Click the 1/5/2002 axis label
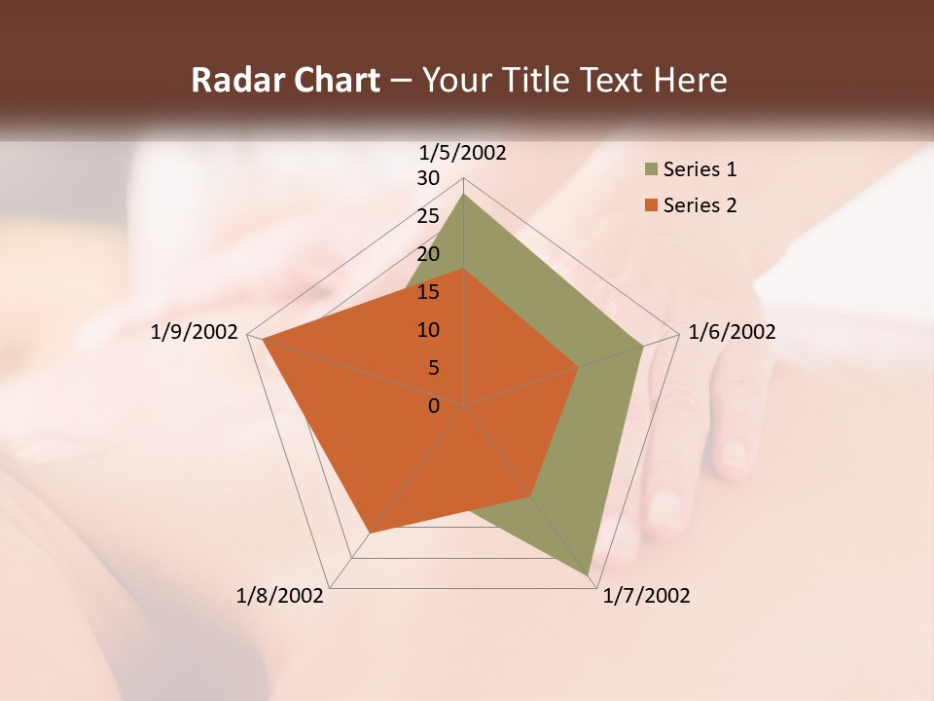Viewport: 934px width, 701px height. (463, 153)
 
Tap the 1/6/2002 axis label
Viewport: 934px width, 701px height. (732, 332)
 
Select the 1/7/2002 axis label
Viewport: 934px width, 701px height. (646, 596)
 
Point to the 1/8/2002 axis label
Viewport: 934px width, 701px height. (280, 596)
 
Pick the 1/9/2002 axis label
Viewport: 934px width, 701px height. (195, 332)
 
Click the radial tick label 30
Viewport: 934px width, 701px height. (428, 178)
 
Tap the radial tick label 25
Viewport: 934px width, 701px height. (428, 216)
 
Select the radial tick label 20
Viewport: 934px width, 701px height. (428, 254)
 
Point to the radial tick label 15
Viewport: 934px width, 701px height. (428, 292)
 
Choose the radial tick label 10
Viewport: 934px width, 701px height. (428, 330)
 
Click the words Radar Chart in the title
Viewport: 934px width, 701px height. (285, 80)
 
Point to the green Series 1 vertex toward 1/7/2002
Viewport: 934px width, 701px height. (589, 575)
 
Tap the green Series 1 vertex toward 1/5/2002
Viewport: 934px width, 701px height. (463, 195)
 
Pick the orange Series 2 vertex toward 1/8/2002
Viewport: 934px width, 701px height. (369, 533)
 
